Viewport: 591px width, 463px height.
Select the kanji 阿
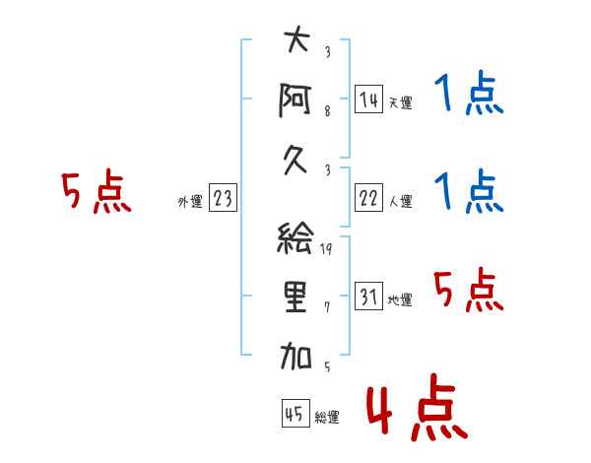coord(295,99)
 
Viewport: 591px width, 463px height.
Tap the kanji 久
coord(295,162)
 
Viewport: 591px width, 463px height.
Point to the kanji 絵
coord(295,237)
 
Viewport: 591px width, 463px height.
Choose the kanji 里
coord(295,297)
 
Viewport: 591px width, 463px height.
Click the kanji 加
coord(295,356)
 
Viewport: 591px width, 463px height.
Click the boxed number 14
coord(368,99)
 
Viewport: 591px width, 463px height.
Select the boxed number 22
coord(368,198)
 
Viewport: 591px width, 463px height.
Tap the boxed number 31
coord(368,296)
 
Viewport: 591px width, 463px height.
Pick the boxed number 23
coord(223,197)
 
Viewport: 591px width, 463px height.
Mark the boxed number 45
coord(295,414)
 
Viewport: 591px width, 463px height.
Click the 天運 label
coord(401,102)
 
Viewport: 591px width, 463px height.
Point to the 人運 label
coord(401,201)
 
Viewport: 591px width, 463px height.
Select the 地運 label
coord(400,300)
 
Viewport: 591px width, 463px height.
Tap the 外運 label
coord(190,202)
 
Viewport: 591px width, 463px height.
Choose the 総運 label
coord(327,418)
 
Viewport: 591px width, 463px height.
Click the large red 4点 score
coord(417,407)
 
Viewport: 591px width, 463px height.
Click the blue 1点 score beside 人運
coord(469,191)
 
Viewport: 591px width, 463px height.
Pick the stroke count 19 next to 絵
coord(326,249)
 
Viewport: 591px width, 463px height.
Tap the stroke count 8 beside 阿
coord(327,111)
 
